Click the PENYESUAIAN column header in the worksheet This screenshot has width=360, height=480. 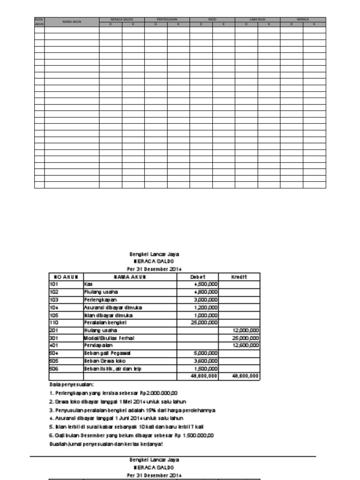click(167, 20)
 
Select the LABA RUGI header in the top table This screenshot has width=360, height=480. click(257, 20)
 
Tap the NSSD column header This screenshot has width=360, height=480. click(212, 20)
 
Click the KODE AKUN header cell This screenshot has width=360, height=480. click(39, 22)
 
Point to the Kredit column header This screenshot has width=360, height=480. click(239, 277)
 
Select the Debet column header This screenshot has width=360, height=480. click(197, 277)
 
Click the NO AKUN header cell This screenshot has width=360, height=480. click(65, 277)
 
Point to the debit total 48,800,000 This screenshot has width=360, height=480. click(204, 376)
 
